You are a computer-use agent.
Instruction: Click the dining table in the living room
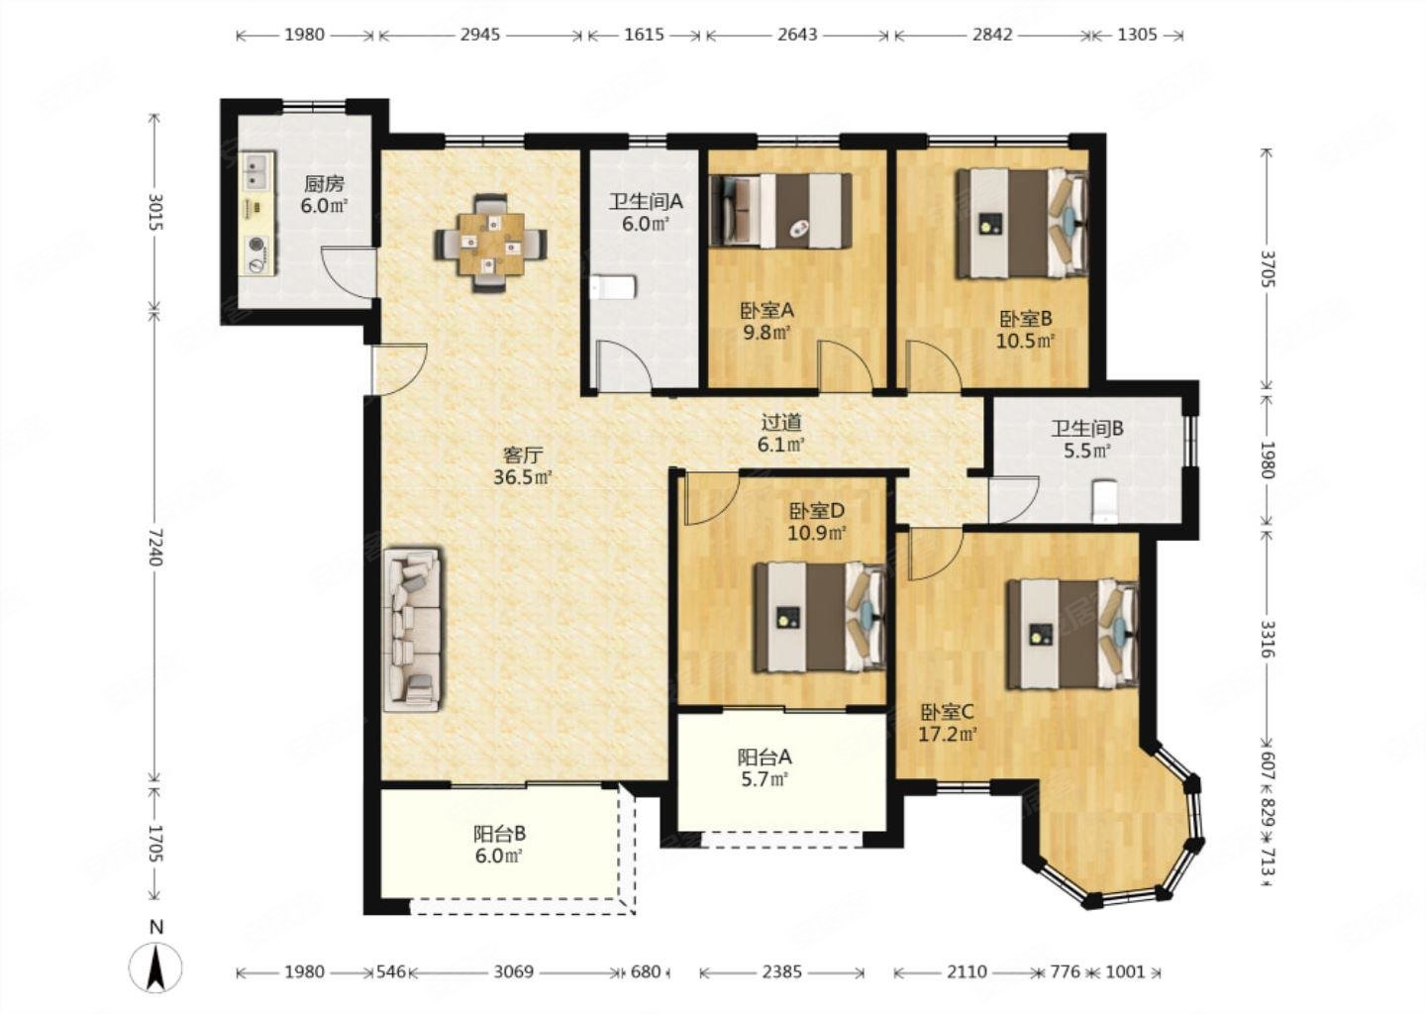pos(490,244)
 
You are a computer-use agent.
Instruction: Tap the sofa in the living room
pos(412,629)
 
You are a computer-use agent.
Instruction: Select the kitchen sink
pos(258,170)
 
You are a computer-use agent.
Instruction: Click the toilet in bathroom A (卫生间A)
pos(613,288)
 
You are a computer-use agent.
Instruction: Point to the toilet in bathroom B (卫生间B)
pos(1104,501)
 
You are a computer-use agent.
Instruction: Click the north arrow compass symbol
pos(155,968)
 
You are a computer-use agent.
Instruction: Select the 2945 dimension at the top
pos(480,35)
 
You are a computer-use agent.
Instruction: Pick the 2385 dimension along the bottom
pos(781,972)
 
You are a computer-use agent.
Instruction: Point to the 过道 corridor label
pos(781,422)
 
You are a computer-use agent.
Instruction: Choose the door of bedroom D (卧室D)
pos(711,498)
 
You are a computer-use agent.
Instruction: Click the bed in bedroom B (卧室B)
pos(1022,223)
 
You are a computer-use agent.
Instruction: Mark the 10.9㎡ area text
pos(817,533)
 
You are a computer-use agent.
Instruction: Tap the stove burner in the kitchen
pos(257,245)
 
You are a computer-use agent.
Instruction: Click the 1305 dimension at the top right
pos(1137,35)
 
